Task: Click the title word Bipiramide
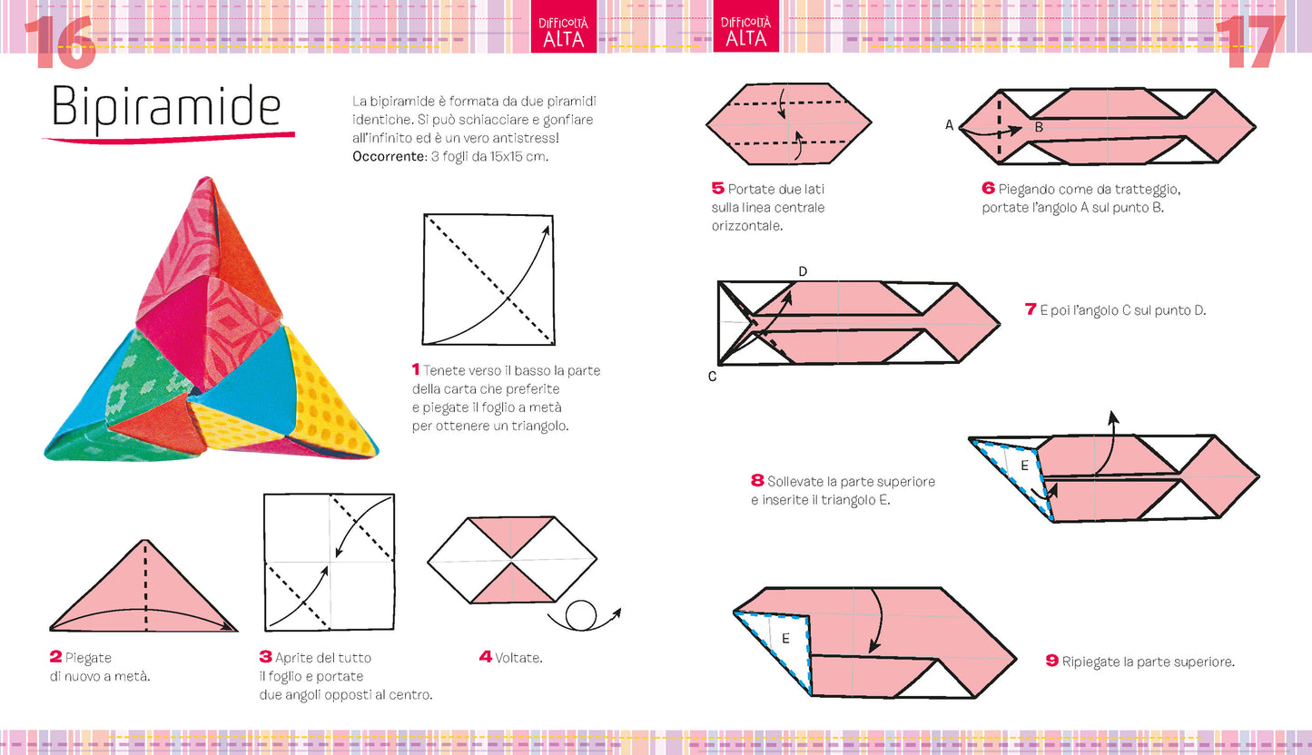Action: (166, 107)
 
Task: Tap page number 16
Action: (59, 43)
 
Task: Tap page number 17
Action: (1250, 43)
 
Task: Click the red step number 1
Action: (416, 370)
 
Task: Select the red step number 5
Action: (717, 189)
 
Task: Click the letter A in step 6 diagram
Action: (949, 126)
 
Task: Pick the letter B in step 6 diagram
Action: (1039, 128)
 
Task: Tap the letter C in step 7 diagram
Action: (712, 376)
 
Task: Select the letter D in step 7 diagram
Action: (803, 271)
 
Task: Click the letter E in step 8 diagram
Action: (1023, 466)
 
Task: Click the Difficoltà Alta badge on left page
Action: (564, 31)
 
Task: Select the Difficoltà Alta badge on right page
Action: (746, 31)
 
